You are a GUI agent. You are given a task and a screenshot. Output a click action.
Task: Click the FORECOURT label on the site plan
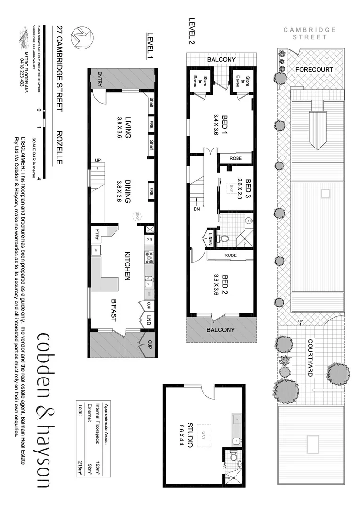314,70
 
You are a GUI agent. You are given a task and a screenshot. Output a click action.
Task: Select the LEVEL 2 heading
192,31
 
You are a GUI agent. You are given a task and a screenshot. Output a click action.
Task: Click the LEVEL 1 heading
150,45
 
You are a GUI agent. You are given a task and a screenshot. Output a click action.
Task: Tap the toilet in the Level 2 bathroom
224,239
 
